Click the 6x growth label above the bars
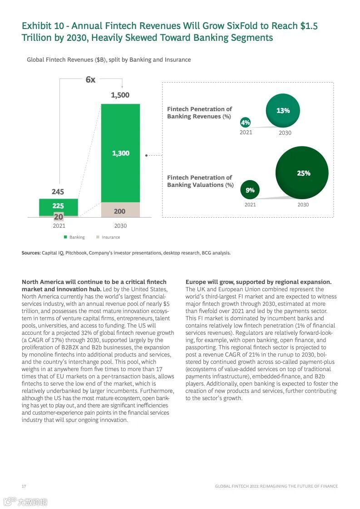[90, 80]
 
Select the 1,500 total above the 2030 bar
[120, 95]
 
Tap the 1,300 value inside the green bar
[121, 153]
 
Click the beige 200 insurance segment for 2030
[120, 211]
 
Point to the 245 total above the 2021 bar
[58, 192]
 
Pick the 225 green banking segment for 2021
[58, 206]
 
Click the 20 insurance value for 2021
[59, 217]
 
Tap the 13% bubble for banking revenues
[283, 111]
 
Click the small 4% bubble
[246, 122]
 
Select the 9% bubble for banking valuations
[250, 191]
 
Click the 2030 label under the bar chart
[120, 226]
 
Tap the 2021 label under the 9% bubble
[250, 205]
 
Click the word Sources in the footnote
[31, 253]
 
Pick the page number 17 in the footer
[24, 486]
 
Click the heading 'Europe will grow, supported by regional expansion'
[258, 282]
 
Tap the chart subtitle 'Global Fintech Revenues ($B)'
[66, 60]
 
